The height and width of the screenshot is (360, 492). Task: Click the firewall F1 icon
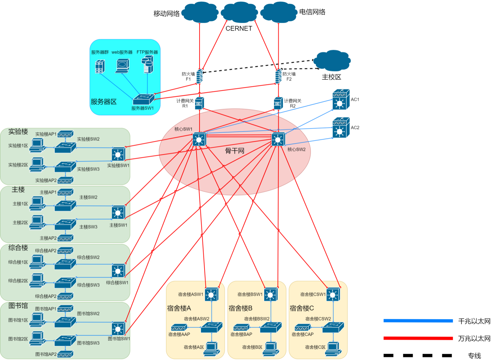click(200, 76)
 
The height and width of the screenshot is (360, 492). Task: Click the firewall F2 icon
click(278, 76)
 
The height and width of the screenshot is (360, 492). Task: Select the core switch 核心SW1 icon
click(199, 139)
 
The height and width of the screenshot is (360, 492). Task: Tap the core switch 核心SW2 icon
click(278, 139)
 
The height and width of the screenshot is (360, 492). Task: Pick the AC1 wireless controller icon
click(341, 100)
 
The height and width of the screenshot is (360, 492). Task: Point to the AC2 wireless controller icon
click(341, 127)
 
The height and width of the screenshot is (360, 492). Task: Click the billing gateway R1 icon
click(200, 103)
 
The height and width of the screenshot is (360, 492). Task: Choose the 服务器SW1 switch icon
click(143, 99)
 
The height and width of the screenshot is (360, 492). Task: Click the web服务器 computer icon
click(122, 66)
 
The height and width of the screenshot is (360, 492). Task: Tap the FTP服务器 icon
click(148, 64)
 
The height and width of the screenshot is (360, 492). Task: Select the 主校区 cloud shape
click(333, 61)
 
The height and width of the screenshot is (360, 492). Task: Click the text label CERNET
click(239, 28)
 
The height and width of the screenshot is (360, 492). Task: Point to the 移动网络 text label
click(166, 14)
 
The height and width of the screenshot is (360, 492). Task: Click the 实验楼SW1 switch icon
click(118, 154)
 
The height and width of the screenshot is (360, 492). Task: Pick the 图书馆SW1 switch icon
click(118, 329)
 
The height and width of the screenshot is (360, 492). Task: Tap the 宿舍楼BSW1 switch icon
click(271, 294)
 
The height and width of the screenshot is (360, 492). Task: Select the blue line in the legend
click(418, 321)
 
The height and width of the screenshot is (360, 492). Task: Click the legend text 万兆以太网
click(474, 338)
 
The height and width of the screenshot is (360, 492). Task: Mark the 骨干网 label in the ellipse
click(235, 151)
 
